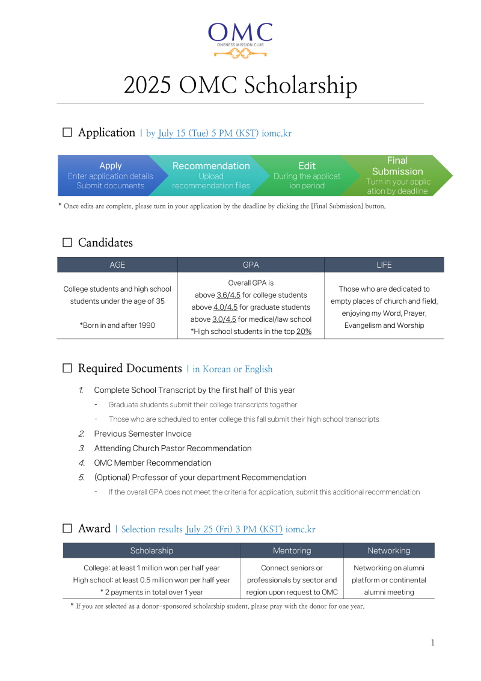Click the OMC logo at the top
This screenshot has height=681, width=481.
[x=240, y=40]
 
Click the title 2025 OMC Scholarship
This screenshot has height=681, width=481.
[x=240, y=85]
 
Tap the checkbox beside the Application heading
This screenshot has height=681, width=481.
[x=67, y=132]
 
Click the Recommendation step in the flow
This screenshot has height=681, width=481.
[x=210, y=175]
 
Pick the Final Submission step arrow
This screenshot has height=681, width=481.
[x=397, y=175]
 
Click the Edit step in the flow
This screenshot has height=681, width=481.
[x=307, y=175]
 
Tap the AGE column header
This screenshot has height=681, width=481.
[x=117, y=265]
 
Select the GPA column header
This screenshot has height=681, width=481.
[x=251, y=265]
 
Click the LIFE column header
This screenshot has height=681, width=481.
[x=384, y=265]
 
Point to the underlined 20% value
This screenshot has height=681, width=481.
[x=304, y=331]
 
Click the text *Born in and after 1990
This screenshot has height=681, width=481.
[x=117, y=325]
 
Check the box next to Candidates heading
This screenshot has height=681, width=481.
[x=67, y=243]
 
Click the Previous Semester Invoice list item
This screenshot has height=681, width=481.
[x=142, y=434]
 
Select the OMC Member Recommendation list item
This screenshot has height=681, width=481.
[x=153, y=463]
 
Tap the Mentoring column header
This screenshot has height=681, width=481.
[x=292, y=550]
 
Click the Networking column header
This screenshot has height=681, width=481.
[x=389, y=550]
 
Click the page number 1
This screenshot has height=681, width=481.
[x=432, y=643]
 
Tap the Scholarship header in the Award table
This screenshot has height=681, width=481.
[x=152, y=550]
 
